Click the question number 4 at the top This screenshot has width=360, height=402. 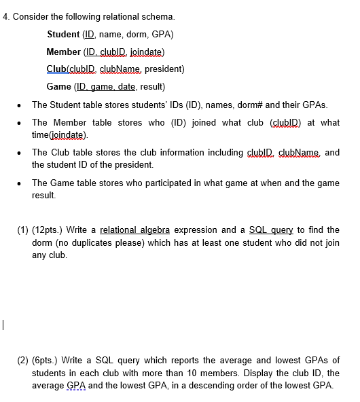pos(5,16)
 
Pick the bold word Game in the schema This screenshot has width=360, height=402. pos(59,87)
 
